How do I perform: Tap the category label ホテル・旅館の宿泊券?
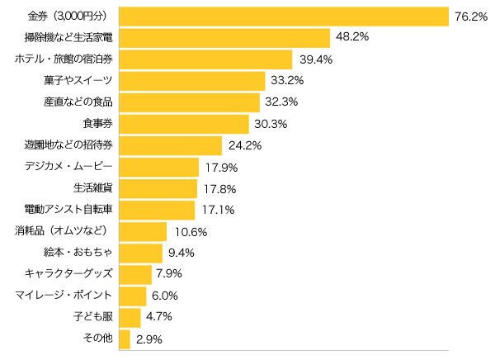64,59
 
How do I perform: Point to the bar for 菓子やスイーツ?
192,81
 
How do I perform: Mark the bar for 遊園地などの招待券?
171,145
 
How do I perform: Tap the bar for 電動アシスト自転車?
157,210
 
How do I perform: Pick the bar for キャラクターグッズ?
135,274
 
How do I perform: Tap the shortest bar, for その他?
125,339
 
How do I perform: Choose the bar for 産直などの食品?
190,102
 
